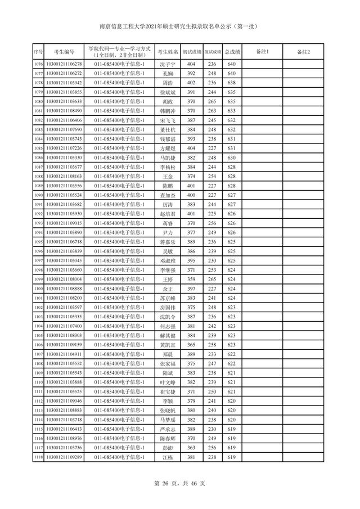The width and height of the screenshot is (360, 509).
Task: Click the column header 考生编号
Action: coord(60,52)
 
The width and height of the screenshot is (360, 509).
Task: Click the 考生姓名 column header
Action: coord(168,52)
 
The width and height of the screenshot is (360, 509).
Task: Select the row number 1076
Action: coord(38,64)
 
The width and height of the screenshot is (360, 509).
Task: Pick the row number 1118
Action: coord(38,457)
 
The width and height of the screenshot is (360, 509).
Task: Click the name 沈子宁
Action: coord(168,64)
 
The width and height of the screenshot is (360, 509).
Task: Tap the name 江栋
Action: coord(168,457)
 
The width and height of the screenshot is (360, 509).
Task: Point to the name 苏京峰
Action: coord(168,298)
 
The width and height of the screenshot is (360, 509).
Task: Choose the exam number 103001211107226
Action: coord(64,148)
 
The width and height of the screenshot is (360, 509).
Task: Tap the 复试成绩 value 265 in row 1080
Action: coord(211,102)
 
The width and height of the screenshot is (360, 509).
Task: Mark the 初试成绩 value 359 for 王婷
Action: coord(191,280)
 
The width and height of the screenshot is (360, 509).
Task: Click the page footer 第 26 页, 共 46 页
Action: coord(180,483)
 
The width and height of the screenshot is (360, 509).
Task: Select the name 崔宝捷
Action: coord(168,391)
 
